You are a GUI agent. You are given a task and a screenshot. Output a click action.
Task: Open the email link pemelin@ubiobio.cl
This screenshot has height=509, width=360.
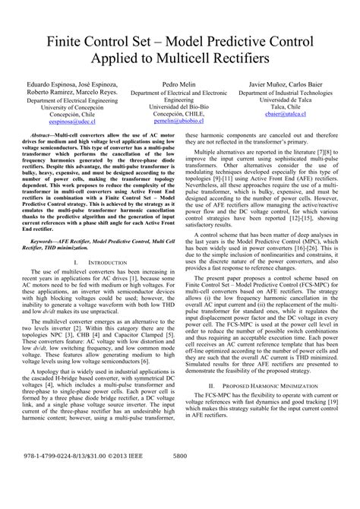coord(179,120)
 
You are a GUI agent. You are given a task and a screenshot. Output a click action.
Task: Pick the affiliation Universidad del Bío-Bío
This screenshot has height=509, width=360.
coord(179,105)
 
